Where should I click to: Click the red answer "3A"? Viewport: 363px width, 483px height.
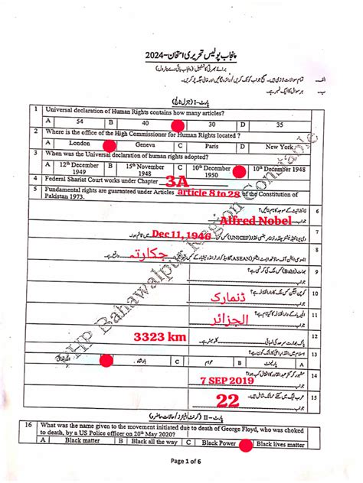coord(176,181)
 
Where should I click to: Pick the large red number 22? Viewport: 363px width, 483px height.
coord(227,399)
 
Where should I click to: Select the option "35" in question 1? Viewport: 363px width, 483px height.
coord(280,123)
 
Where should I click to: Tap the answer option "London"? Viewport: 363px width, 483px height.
coord(80,143)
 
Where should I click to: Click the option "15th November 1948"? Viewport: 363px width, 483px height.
coord(146,167)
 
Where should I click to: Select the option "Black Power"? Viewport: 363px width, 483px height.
coord(218,442)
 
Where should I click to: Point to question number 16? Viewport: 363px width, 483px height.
coord(28,423)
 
